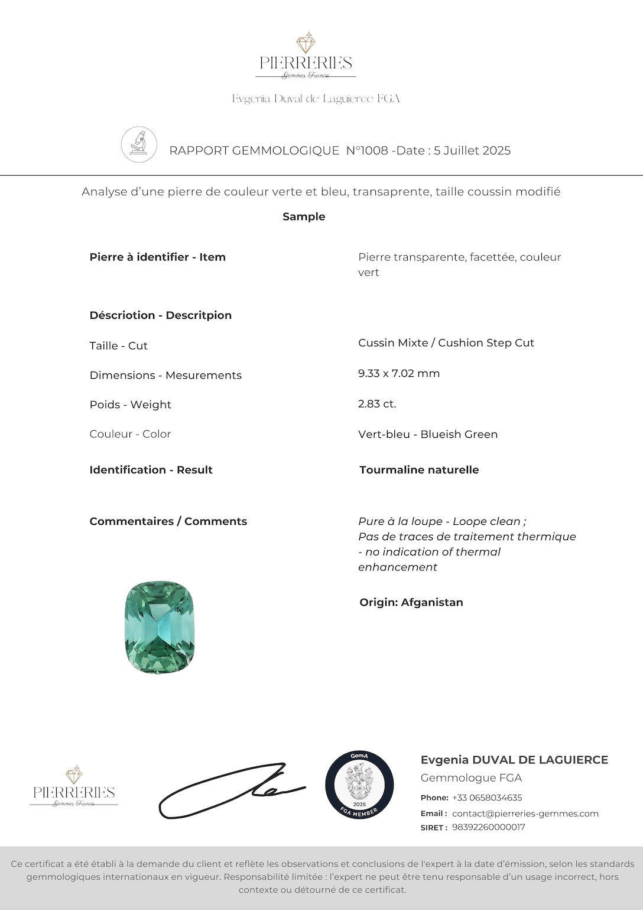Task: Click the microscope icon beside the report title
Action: point(139,144)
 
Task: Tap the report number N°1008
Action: point(366,151)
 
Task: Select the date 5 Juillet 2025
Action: point(472,151)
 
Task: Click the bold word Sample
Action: point(304,217)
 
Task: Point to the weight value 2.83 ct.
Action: point(377,404)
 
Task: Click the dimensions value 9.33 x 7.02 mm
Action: point(399,373)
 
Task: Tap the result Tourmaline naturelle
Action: point(419,470)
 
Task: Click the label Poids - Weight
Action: point(130,405)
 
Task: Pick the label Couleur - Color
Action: point(130,434)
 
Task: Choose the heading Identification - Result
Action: point(151,470)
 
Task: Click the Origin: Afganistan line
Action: point(411,602)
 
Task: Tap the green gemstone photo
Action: point(160,627)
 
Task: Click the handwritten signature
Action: point(230,790)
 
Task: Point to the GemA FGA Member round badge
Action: point(359,785)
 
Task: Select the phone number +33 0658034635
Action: point(487,798)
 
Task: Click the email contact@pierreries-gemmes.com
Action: point(525,814)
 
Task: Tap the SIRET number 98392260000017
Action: point(488,827)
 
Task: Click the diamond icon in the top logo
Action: point(306,43)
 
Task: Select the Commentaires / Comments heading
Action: point(168,521)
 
